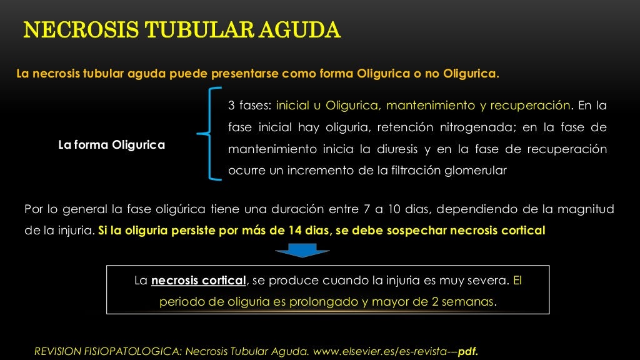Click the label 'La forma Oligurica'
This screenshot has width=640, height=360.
(111, 145)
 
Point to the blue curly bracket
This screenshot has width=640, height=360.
(209, 134)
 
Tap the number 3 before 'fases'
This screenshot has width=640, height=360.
(231, 105)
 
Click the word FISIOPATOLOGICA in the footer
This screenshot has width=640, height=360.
(133, 351)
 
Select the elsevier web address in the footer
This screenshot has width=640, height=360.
(384, 351)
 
